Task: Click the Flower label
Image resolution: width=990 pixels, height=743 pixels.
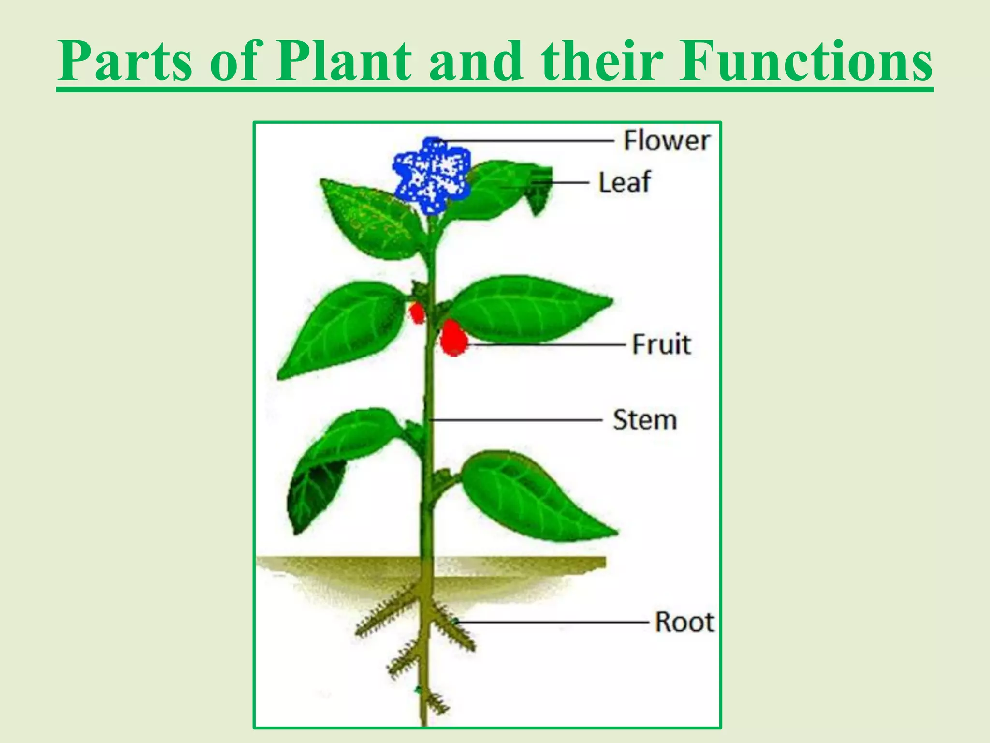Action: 666,141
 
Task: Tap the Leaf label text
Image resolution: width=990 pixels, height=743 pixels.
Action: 625,182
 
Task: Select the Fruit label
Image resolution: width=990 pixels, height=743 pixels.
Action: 661,344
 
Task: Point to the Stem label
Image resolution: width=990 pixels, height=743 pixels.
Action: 644,420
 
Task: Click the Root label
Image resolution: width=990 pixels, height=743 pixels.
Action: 684,622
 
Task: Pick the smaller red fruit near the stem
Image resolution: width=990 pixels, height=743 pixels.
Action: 417,313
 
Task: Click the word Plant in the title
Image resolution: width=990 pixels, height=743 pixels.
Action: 343,62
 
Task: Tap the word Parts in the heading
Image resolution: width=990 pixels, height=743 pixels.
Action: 125,62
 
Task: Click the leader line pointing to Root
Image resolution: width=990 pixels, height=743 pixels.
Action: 556,622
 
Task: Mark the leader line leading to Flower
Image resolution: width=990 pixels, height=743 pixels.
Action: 527,141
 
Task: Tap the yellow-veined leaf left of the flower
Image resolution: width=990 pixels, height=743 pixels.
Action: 370,218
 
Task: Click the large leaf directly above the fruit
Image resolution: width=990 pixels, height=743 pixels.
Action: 527,307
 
